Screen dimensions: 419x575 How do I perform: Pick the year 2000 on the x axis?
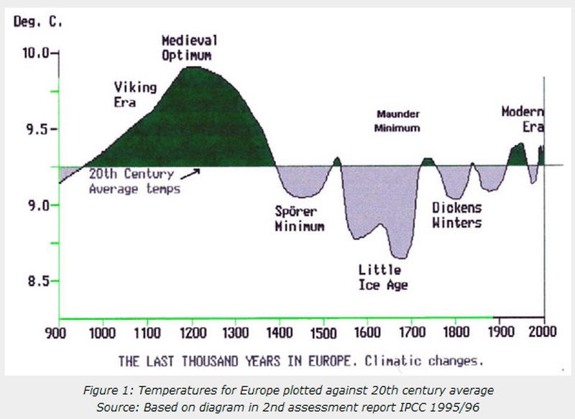[x=544, y=332]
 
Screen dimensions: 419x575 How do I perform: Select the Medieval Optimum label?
[x=189, y=47]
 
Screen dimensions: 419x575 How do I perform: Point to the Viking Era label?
[x=135, y=94]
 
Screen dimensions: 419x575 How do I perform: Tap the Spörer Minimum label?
[x=300, y=218]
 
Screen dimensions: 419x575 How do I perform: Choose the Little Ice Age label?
[x=383, y=277]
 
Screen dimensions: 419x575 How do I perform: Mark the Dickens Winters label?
[x=456, y=215]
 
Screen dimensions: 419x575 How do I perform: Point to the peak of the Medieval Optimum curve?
[x=191, y=68]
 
